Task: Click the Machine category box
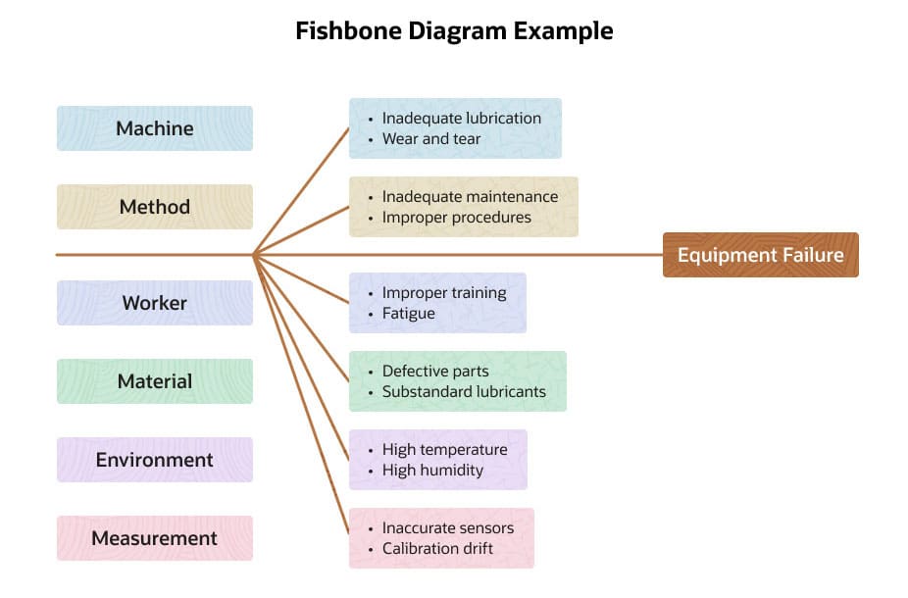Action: [x=155, y=128]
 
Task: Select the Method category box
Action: [x=155, y=207]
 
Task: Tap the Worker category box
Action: [x=155, y=303]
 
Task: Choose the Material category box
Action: [x=155, y=381]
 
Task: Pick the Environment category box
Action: [x=155, y=460]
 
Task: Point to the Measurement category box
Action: [x=155, y=538]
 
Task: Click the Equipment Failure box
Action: [x=760, y=255]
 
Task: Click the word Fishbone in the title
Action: [x=342, y=30]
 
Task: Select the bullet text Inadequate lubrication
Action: [x=461, y=118]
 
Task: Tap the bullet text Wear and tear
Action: [x=431, y=138]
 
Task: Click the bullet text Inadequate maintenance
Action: [x=470, y=196]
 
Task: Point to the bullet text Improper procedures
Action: [x=456, y=217]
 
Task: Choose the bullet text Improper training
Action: [x=444, y=292]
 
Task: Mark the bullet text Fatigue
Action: [x=408, y=313]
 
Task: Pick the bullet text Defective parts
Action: [x=435, y=371]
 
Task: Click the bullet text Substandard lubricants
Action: [x=464, y=391]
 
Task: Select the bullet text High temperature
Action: [x=444, y=449]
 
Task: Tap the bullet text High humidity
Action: [x=432, y=470]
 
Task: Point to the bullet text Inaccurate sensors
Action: [x=447, y=527]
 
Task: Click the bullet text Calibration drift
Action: [x=437, y=548]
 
